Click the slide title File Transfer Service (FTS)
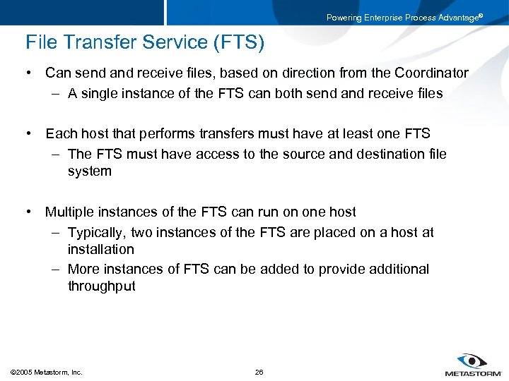pos(145,43)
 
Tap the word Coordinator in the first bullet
pos(431,73)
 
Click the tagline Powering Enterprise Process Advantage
pos(404,18)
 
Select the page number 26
pos(259,372)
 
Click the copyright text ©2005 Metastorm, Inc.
pos(47,372)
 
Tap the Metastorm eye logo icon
pos(472,361)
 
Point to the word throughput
pos(101,286)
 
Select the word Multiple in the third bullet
pos(69,212)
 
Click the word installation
pos(100,249)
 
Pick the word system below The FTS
pos(90,171)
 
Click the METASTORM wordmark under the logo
pos(473,373)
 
